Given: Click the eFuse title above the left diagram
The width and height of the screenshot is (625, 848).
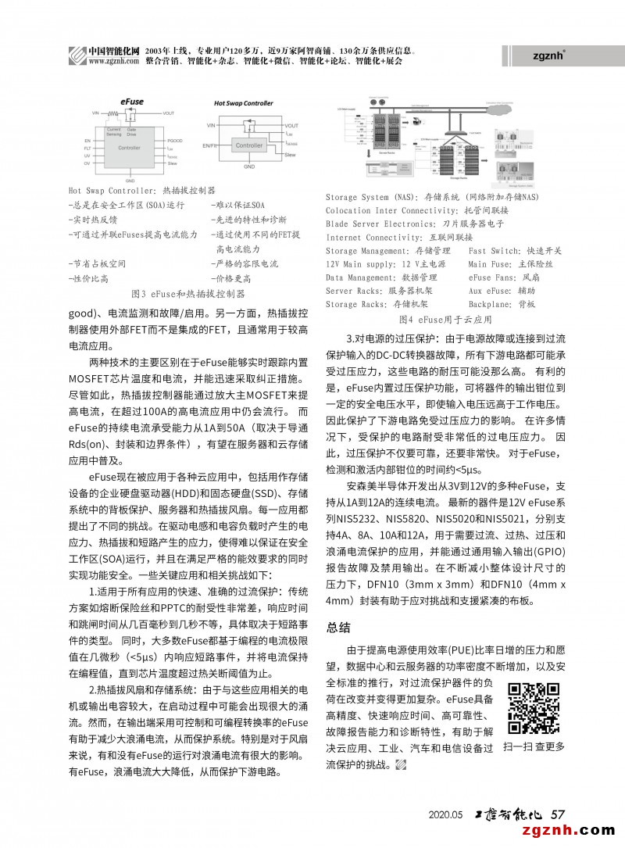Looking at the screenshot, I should pyautogui.click(x=131, y=102).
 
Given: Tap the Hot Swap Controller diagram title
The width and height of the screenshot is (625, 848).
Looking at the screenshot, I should pyautogui.click(x=244, y=103).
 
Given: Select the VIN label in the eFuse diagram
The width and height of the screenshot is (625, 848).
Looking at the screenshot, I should pyautogui.click(x=96, y=113).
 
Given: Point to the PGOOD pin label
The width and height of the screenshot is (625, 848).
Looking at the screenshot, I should pyautogui.click(x=173, y=140).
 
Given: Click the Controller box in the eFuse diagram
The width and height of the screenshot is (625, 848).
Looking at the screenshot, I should pyautogui.click(x=129, y=148).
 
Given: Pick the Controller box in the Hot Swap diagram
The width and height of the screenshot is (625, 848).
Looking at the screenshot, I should pyautogui.click(x=249, y=145).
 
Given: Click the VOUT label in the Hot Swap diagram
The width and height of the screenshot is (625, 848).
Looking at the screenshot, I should pyautogui.click(x=291, y=125).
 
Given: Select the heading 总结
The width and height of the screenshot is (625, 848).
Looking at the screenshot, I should pyautogui.click(x=338, y=627).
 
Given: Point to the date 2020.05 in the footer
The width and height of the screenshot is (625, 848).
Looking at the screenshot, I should pyautogui.click(x=446, y=814).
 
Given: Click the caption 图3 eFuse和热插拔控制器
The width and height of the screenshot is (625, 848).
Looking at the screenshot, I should pyautogui.click(x=188, y=294).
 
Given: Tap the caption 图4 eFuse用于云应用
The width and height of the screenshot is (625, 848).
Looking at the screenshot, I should pyautogui.click(x=445, y=320).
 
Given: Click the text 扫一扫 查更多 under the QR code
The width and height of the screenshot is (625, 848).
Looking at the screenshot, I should pyautogui.click(x=534, y=747).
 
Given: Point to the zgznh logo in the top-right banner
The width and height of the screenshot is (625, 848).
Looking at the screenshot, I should pyautogui.click(x=548, y=55).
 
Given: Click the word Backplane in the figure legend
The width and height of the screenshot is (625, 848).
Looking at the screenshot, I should pyautogui.click(x=491, y=304).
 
